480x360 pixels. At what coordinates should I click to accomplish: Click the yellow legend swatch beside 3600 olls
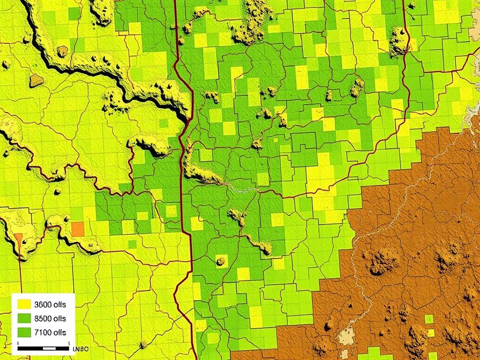click(24, 304)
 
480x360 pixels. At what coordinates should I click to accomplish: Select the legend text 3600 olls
click(51, 304)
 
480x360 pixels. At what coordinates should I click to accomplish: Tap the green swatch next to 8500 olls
click(24, 318)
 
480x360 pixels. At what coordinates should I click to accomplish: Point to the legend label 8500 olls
click(51, 318)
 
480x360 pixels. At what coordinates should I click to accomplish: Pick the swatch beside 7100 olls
click(24, 332)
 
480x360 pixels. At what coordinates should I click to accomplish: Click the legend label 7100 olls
click(51, 332)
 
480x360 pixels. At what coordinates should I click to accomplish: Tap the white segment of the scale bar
click(49, 348)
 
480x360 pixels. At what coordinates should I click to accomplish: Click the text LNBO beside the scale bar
click(81, 349)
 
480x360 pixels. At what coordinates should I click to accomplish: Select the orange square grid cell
click(77, 229)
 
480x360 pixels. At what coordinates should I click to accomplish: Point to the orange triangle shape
click(18, 238)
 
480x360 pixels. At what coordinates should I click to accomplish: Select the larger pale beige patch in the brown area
click(347, 334)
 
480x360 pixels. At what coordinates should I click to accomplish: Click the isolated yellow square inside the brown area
click(429, 333)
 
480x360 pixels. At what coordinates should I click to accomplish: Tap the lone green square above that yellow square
click(428, 319)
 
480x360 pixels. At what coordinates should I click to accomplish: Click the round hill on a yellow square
click(220, 261)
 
